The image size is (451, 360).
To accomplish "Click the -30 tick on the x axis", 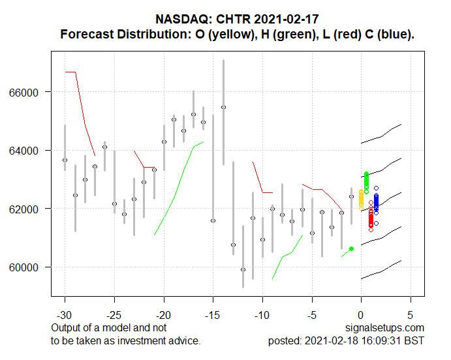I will [65, 303].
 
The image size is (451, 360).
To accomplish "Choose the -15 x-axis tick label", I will [213, 303].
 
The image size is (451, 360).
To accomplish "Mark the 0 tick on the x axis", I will [361, 303].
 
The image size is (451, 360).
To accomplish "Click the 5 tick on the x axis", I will [411, 303].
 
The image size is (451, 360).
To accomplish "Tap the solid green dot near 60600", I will [352, 248].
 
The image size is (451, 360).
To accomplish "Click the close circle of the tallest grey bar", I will [223, 107].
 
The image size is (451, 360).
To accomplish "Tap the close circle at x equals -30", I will [65, 160].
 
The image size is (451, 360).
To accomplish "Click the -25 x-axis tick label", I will [114, 303].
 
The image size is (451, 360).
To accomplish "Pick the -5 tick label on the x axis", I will [312, 303].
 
